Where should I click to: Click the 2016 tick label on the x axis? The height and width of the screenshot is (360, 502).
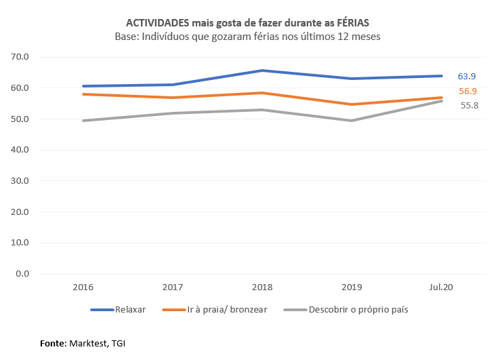point(84,287)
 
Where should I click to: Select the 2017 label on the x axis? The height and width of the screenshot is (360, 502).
point(173,287)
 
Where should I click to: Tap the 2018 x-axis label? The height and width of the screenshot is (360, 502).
point(262,287)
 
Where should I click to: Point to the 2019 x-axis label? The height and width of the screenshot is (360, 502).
point(352,287)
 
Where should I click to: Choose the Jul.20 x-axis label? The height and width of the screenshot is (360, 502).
point(441,287)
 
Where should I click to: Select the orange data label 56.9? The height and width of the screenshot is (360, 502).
point(468,92)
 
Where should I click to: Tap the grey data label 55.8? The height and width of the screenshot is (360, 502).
point(468,106)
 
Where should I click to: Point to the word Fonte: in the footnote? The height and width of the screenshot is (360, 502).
point(53,344)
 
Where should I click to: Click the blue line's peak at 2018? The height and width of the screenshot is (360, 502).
point(262,71)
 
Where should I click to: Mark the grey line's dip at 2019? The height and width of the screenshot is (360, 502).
point(352,121)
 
